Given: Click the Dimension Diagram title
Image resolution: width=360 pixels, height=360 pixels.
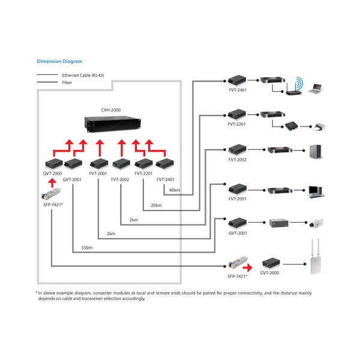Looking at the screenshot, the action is coord(59,61).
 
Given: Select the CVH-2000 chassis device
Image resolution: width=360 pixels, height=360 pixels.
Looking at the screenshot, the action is coord(113,124).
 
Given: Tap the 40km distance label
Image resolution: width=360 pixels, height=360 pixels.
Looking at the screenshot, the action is coord(175,190).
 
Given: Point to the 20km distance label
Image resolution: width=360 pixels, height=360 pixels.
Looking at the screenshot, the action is coord(156,205).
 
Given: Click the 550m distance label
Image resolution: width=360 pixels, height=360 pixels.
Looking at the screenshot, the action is coord(87,248).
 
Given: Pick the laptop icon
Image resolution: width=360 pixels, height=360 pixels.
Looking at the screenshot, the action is coord(316,89).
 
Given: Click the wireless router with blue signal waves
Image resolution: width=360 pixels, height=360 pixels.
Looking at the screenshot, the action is coord(295,87).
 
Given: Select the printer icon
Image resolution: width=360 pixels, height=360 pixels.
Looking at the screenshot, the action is coord(320,127).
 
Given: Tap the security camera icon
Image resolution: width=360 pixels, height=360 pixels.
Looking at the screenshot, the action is coord(316,223).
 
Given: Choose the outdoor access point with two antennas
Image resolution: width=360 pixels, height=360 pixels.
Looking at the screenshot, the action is coord(315,257).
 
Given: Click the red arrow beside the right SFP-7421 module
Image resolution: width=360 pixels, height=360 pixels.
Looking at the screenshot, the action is coord(247,268).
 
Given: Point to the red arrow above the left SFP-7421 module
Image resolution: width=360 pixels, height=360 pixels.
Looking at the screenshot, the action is coord(53,183).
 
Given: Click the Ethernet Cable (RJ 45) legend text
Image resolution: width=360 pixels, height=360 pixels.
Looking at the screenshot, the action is coord(83,76).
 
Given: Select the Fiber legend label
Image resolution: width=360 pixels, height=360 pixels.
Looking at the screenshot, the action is coord(67,82).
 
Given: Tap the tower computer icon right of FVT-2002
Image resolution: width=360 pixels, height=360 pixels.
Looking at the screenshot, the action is coord(316,152).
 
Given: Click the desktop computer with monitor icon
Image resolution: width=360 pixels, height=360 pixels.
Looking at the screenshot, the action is coord(316,192).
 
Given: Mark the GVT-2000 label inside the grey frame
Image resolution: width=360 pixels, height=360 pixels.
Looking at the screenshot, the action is coord(52,173).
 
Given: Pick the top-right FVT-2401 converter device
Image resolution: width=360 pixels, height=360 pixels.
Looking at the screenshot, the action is coord(237,80).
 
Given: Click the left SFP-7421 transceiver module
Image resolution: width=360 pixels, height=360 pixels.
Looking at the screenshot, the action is coord(51,194).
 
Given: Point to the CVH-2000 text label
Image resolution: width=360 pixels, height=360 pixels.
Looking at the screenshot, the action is coord(110,110).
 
